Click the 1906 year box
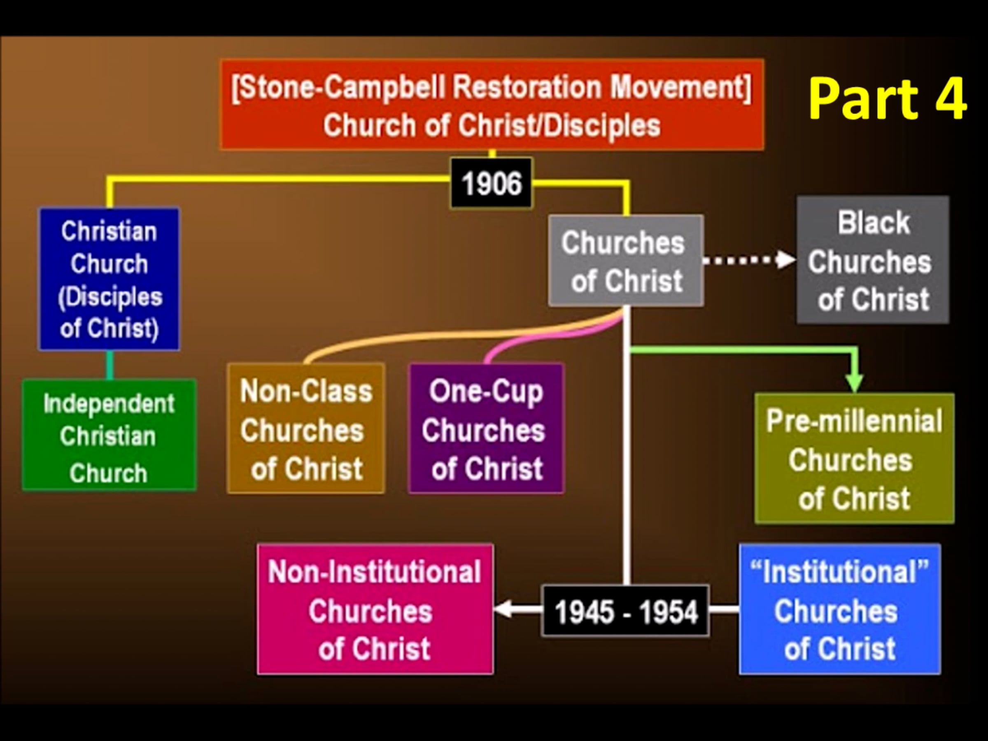[x=491, y=183]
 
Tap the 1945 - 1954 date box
[x=625, y=611]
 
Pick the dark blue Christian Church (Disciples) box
[x=109, y=279]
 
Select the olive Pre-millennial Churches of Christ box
[x=855, y=458]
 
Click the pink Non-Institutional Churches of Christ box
[x=375, y=609]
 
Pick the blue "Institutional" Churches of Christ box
[x=840, y=609]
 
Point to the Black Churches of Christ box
[x=873, y=260]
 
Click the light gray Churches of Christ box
[x=626, y=261]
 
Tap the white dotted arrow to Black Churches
[x=750, y=260]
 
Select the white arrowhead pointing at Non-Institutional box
[x=503, y=609]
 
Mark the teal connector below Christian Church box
[x=110, y=365]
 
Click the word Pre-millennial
[x=855, y=421]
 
